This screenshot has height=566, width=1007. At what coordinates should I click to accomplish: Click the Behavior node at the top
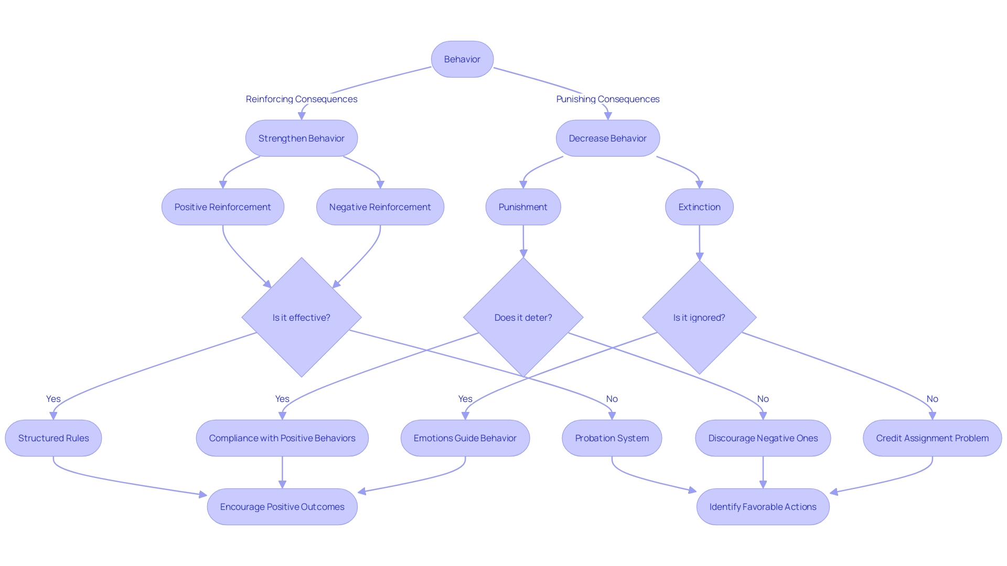(462, 59)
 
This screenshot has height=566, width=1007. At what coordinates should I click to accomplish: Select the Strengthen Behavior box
(302, 138)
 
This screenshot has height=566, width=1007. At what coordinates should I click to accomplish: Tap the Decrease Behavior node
(607, 138)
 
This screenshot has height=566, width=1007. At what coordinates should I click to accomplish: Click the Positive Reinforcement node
(222, 207)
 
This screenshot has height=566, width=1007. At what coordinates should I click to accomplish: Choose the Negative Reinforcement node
(380, 207)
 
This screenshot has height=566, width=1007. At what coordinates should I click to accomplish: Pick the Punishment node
(523, 207)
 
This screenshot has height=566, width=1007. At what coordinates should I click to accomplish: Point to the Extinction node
(699, 207)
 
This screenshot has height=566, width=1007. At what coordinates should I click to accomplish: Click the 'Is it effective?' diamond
(302, 318)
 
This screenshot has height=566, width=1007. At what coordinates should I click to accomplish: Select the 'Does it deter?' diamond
(523, 318)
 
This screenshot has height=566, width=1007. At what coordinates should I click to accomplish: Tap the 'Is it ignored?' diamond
(699, 318)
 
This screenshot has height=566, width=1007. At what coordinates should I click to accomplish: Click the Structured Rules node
(53, 438)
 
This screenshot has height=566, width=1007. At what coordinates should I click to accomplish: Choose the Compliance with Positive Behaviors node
(282, 438)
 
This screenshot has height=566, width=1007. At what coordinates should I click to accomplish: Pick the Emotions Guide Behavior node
(465, 438)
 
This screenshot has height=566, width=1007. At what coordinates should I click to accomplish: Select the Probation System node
(612, 438)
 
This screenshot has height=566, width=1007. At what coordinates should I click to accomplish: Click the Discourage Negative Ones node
(763, 438)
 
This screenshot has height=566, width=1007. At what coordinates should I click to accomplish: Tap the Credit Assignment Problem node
(932, 438)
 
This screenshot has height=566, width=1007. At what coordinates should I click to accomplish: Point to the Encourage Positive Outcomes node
(282, 507)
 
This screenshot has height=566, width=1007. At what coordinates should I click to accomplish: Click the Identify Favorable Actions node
(763, 507)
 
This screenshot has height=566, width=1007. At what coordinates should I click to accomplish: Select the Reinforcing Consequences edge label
(302, 99)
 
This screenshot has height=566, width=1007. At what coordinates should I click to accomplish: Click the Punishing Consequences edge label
(607, 99)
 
